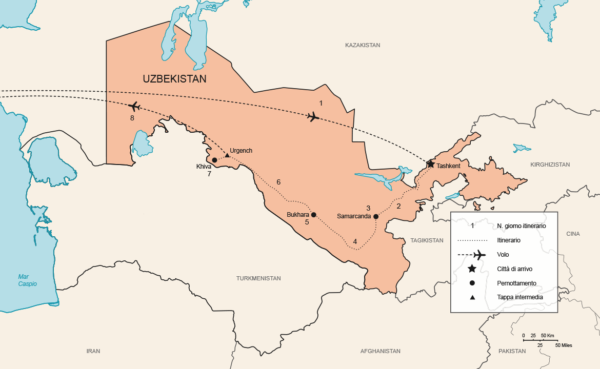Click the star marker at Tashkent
click(x=431, y=164)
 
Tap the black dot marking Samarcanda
click(x=376, y=216)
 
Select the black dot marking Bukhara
click(x=314, y=215)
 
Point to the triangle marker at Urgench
click(x=227, y=155)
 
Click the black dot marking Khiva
click(x=214, y=160)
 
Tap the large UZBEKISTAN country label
click(x=174, y=79)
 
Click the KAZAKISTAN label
click(x=363, y=45)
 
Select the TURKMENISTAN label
click(x=258, y=278)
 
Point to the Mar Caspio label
click(x=28, y=280)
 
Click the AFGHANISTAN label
click(x=380, y=351)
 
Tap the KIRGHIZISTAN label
click(x=550, y=165)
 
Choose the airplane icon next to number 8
click(x=134, y=107)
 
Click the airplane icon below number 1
click(x=313, y=117)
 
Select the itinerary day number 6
click(x=278, y=182)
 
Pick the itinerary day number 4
click(x=355, y=241)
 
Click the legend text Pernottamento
click(x=516, y=283)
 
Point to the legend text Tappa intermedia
click(x=520, y=297)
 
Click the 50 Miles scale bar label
click(x=563, y=345)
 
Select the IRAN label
click(x=93, y=351)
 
